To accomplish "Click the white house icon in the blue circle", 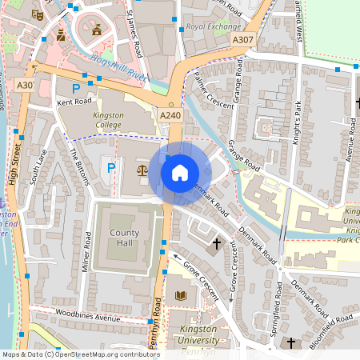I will pyautogui.click(x=180, y=172).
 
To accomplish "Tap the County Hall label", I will pyautogui.click(x=125, y=238).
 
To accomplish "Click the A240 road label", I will pyautogui.click(x=170, y=116).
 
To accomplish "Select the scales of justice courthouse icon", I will pyautogui.click(x=142, y=170).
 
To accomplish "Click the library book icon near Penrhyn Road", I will pyautogui.click(x=180, y=296).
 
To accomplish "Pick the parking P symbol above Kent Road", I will pyautogui.click(x=76, y=88).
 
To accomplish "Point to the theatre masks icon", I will pyautogui.click(x=37, y=14).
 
